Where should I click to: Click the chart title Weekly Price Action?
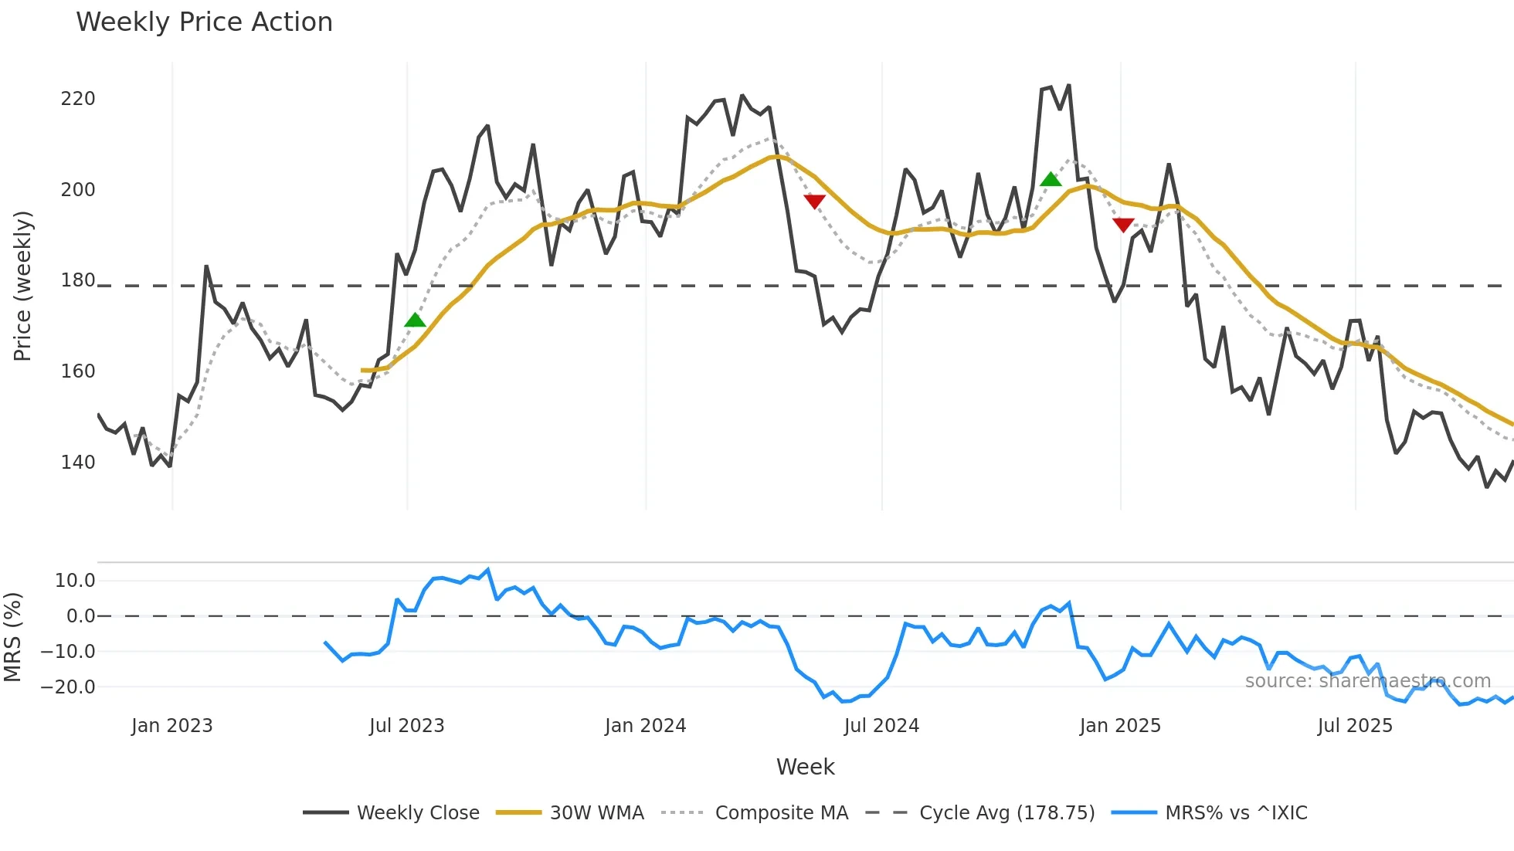204,22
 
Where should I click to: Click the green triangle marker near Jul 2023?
415,320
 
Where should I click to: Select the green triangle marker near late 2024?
1051,180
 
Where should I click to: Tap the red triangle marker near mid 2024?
814,201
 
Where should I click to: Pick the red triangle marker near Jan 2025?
1123,225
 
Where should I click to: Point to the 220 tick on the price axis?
78,99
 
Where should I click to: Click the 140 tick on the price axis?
78,463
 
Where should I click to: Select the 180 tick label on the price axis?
78,280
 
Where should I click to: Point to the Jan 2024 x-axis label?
645,726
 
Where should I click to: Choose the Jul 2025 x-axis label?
1355,726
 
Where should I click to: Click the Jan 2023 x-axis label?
171,726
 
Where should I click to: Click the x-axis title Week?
805,767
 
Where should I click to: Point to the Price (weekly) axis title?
22,286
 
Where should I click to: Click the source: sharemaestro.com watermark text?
1367,681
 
